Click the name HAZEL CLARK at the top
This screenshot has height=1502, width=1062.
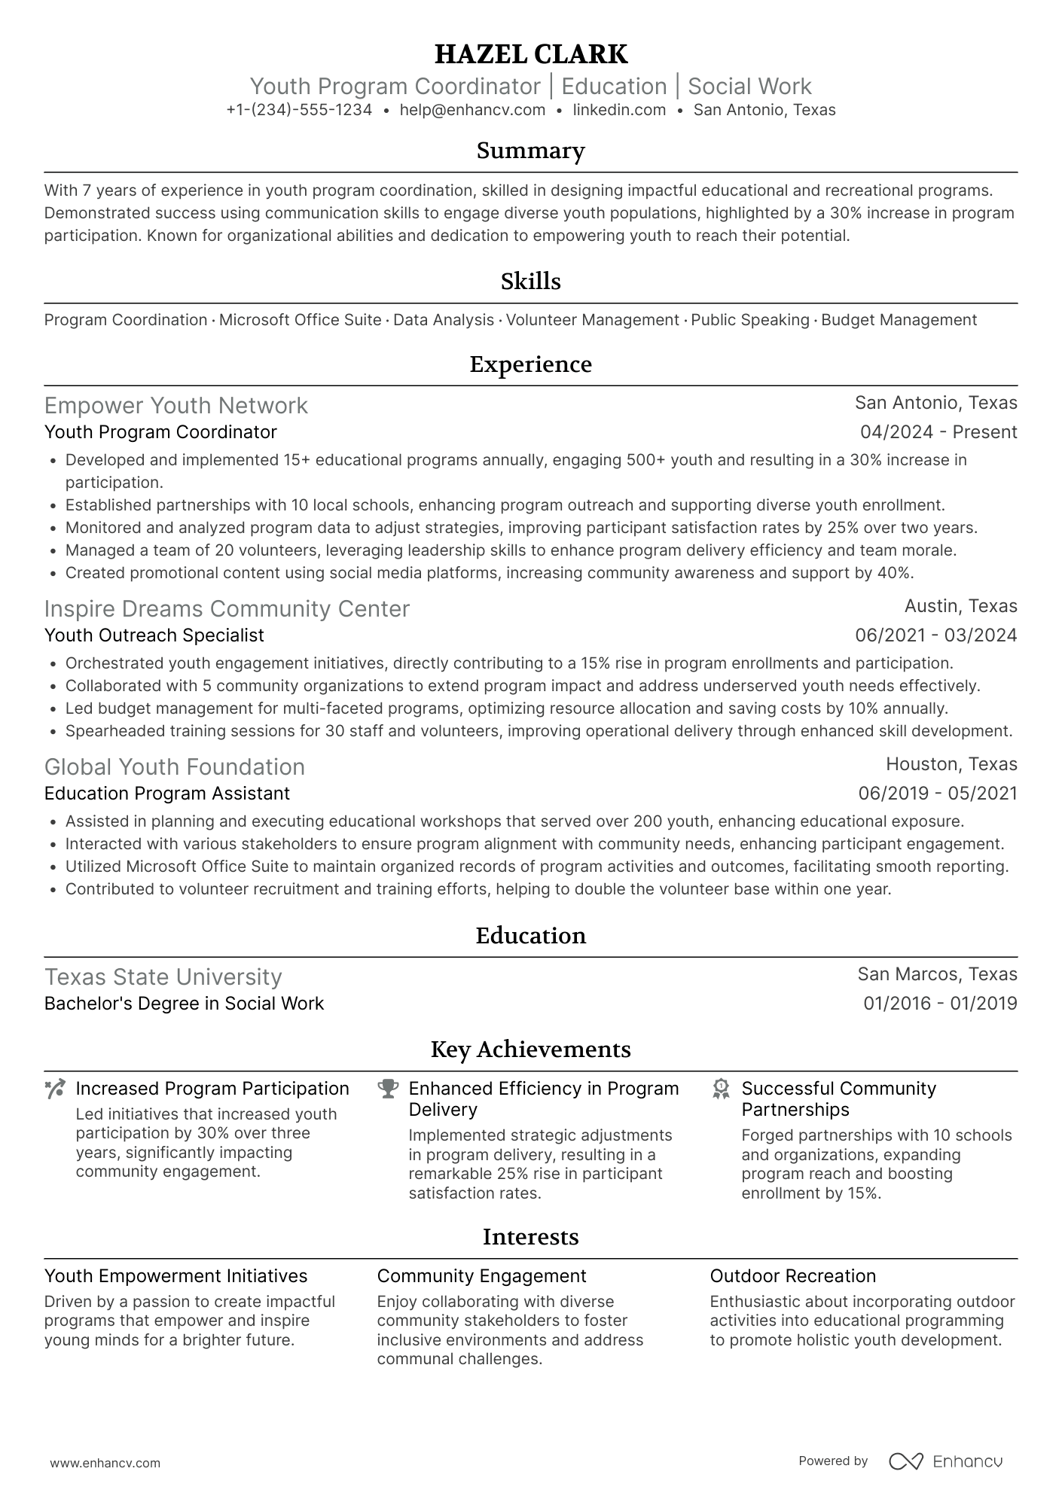coord(531,54)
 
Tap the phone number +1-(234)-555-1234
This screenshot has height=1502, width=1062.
coord(299,110)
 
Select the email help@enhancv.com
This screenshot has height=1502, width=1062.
coord(472,110)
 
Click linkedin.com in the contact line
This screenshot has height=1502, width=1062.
coord(619,110)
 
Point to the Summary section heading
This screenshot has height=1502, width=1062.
coord(531,151)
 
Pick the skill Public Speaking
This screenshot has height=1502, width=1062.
coord(749,320)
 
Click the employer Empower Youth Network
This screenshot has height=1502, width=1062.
coord(176,406)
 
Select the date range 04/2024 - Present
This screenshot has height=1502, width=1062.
coord(938,432)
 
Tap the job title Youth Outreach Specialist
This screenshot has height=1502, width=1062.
coord(154,635)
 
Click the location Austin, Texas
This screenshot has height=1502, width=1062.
coord(960,606)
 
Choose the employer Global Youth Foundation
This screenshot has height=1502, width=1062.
coord(175,767)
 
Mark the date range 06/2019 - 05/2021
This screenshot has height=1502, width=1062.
coord(937,794)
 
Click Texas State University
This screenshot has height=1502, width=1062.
coord(163,977)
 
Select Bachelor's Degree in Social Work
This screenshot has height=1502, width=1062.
coord(184,1004)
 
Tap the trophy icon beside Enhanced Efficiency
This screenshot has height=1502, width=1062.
coord(388,1089)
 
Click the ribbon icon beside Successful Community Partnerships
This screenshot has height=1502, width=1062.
coord(721,1089)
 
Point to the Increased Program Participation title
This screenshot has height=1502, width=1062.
coord(212,1089)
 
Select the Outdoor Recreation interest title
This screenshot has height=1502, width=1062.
coord(792,1276)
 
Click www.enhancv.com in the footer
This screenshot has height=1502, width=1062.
coord(105,1464)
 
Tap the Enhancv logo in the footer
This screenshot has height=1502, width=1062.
coord(946,1461)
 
